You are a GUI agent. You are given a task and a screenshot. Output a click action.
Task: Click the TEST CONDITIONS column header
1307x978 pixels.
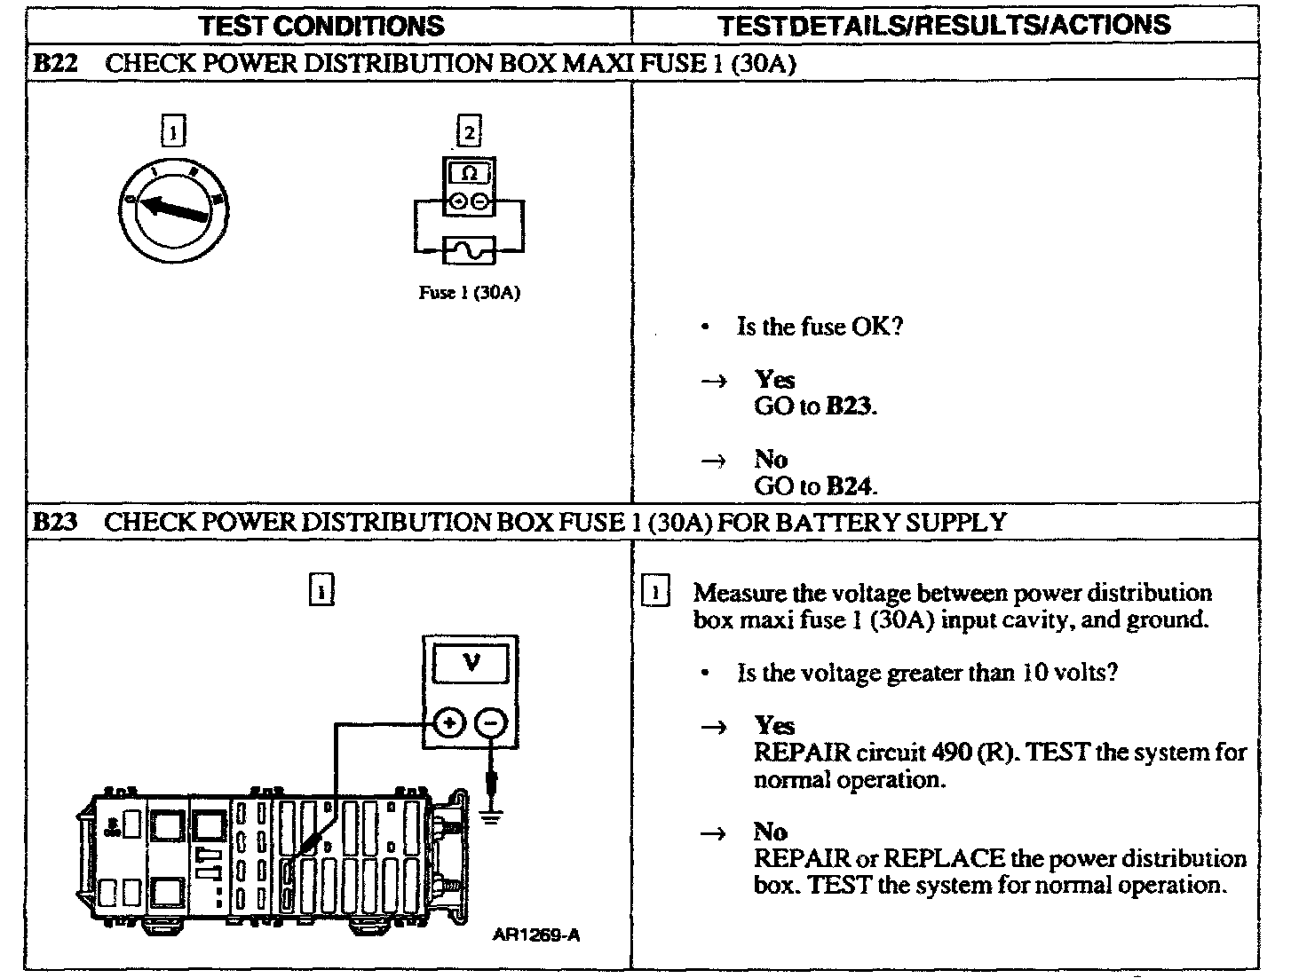(x=321, y=25)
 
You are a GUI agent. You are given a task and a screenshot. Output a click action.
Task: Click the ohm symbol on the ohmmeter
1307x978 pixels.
(x=470, y=173)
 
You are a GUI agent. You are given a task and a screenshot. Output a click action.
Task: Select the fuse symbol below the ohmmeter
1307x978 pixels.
(x=469, y=251)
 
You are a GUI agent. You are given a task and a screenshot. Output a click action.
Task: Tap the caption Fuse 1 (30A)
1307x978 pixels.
(x=469, y=293)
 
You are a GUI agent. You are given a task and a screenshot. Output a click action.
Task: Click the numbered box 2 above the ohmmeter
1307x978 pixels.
(x=468, y=133)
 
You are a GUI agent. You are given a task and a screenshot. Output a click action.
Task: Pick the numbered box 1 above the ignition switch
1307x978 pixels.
(x=173, y=133)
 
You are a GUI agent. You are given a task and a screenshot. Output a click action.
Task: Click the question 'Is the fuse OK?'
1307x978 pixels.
(x=820, y=327)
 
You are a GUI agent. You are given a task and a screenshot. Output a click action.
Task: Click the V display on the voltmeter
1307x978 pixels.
(x=470, y=662)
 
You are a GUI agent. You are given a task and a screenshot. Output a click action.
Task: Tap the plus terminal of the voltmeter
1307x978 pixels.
(x=450, y=723)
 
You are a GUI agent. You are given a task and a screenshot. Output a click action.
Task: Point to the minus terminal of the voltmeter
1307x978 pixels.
(x=491, y=723)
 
